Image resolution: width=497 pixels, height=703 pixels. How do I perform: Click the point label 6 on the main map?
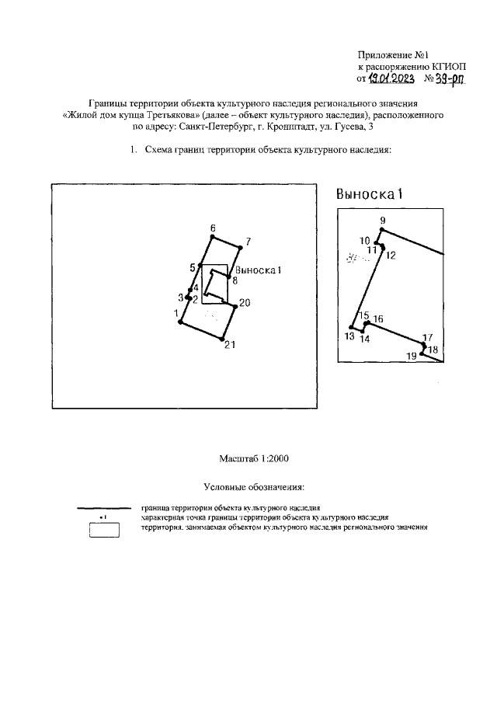coord(213,228)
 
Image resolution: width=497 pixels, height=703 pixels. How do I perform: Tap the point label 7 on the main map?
coord(248,242)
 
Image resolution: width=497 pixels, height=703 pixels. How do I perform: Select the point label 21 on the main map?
coord(230,346)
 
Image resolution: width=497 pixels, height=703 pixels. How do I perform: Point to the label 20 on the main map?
coord(245,303)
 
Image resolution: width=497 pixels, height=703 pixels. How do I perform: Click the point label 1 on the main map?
coord(176,313)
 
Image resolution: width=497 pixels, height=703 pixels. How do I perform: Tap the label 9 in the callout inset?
coord(383,221)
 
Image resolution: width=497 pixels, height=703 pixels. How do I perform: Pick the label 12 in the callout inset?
coord(391,255)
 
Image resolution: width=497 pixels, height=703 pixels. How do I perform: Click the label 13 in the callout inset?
coord(349,336)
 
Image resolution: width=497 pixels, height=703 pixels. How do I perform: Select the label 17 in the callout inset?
coord(426,337)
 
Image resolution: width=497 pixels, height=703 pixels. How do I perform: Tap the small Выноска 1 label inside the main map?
coord(257,270)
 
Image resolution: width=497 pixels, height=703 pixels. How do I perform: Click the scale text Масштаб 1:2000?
coord(248,459)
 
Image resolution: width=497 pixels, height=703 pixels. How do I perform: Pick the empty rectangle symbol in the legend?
coord(103,531)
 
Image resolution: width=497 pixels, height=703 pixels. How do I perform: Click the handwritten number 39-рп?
coord(446,78)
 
